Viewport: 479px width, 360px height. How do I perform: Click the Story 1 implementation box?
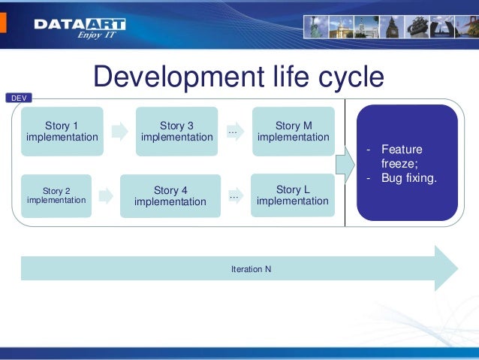(62, 132)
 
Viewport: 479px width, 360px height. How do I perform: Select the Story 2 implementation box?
(56, 196)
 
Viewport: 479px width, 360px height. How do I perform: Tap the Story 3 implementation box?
(176, 132)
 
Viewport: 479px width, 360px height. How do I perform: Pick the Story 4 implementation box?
(170, 196)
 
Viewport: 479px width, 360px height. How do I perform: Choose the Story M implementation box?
(293, 132)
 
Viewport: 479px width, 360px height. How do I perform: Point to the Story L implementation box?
(292, 195)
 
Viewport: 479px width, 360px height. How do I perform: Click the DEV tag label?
(17, 98)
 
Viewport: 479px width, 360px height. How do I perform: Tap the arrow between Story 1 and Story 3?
(119, 132)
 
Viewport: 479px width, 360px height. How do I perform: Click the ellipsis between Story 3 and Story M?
(233, 132)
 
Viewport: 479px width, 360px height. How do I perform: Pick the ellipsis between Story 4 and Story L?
(233, 196)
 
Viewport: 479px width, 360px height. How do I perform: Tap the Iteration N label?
(252, 268)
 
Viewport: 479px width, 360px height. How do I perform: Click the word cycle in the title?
(346, 77)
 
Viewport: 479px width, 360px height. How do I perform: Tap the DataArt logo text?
(79, 25)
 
